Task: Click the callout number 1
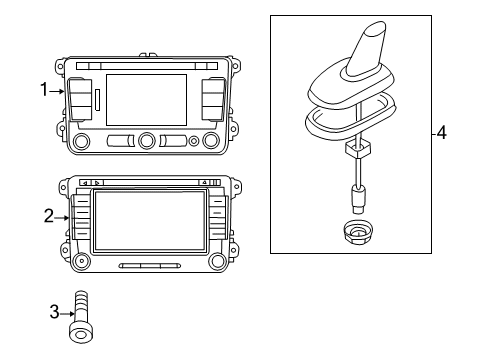44,89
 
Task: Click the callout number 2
49,216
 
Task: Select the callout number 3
54,312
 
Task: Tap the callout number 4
441,133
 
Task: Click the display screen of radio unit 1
146,100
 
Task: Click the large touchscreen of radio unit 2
150,220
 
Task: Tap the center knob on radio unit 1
147,140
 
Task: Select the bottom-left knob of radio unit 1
81,141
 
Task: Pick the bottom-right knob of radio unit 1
211,140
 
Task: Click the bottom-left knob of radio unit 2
81,261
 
